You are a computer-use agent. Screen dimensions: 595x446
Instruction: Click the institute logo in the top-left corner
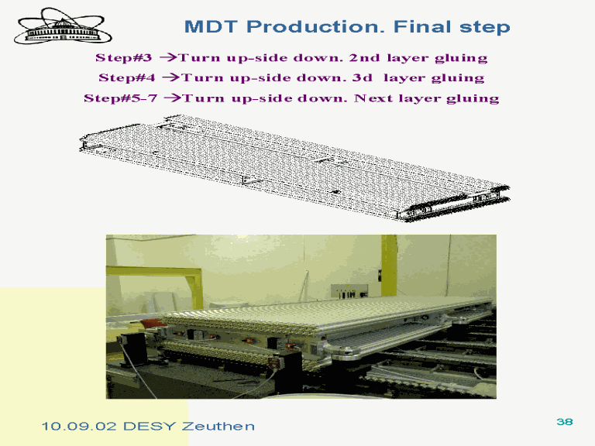point(63,27)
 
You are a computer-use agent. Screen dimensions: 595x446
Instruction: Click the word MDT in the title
point(211,27)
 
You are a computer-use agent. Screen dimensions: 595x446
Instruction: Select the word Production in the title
point(316,27)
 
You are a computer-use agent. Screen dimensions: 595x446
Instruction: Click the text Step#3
point(124,57)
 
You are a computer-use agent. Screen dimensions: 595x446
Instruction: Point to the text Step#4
point(127,77)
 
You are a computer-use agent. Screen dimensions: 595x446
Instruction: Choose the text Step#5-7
point(121,98)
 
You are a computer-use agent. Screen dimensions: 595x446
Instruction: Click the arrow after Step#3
point(168,57)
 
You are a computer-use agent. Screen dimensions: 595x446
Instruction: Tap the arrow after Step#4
point(171,77)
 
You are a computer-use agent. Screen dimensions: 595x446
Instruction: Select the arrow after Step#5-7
point(174,98)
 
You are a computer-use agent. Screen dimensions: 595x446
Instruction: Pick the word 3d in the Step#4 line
point(363,77)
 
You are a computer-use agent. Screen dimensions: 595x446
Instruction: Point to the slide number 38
point(565,422)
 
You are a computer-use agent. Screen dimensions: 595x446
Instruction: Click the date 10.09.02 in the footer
point(79,427)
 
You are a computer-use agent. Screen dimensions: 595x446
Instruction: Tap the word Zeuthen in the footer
point(218,427)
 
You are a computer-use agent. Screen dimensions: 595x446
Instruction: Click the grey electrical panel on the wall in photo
point(349,291)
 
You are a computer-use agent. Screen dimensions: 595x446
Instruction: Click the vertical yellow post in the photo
point(389,266)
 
